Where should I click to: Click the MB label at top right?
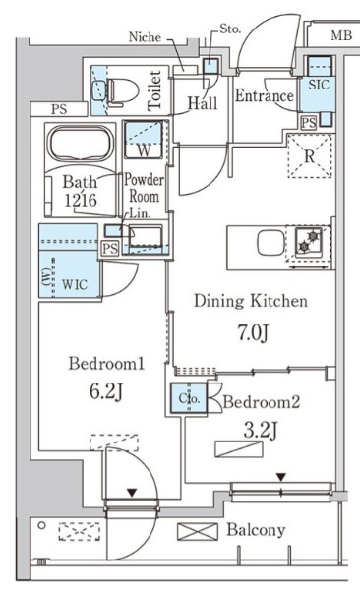(x=339, y=36)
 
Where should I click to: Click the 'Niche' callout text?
(x=146, y=37)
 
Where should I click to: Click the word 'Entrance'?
(x=264, y=96)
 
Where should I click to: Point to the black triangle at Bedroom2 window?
(x=281, y=477)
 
